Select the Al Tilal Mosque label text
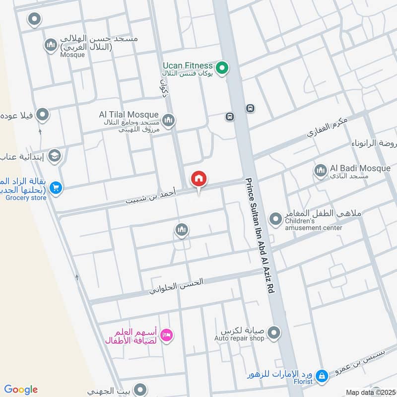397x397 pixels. click(x=129, y=115)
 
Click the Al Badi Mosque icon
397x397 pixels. click(x=320, y=171)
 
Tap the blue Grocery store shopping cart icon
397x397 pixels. click(x=56, y=188)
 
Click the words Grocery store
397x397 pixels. click(x=26, y=198)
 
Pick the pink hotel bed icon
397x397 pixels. click(x=167, y=335)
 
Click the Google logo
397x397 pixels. click(x=21, y=390)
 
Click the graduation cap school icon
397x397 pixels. click(x=54, y=156)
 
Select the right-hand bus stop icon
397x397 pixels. click(x=250, y=108)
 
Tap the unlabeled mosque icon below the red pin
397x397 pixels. click(x=181, y=229)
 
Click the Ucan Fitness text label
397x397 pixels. click(x=188, y=66)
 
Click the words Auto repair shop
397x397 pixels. click(x=239, y=338)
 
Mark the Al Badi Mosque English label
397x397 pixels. click(x=360, y=168)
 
